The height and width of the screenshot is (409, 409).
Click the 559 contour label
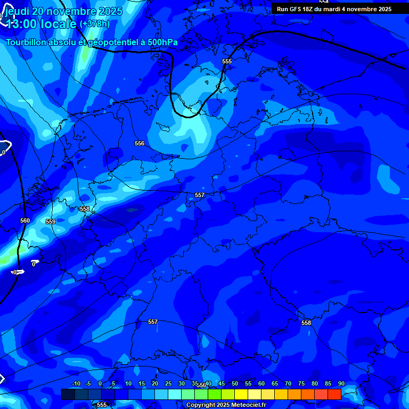51,222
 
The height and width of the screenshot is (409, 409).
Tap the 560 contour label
25,220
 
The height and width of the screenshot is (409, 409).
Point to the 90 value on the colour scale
341,383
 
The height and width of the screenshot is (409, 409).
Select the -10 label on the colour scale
76,383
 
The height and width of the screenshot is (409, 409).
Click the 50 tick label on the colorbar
235,383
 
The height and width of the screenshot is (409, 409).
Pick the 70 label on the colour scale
288,383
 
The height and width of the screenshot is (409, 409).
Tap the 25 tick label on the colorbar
168,383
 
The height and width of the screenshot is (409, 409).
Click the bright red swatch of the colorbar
334,394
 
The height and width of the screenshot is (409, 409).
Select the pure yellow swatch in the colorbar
241,394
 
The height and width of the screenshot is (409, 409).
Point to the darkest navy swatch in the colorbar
68,394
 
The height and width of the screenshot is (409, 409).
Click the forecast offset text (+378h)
94,24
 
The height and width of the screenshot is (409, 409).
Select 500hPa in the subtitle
162,42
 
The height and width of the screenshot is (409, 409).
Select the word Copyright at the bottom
201,405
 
